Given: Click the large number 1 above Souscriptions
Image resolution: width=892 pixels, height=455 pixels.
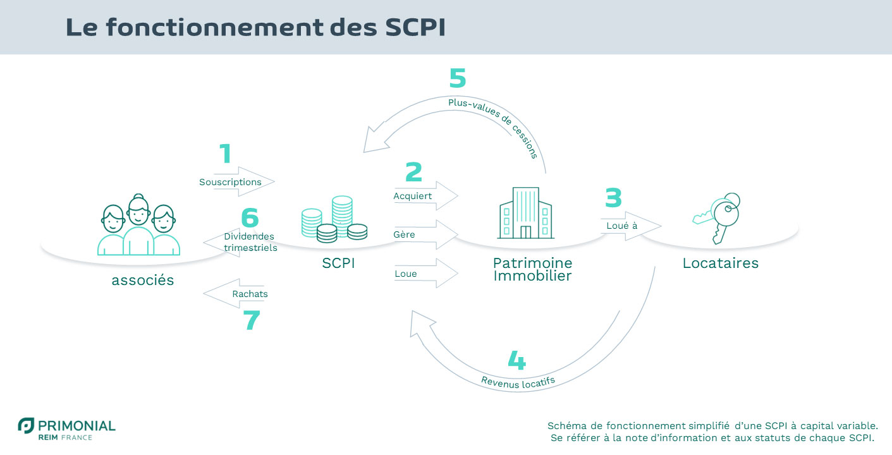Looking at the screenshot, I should [x=225, y=155].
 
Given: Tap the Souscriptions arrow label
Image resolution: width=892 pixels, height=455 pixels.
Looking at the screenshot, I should [x=231, y=182].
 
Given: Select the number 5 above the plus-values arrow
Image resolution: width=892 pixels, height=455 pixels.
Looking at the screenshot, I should [x=457, y=78].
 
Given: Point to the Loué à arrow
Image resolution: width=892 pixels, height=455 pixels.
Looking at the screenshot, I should [x=629, y=226].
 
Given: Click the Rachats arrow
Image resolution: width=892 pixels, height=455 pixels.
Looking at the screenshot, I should [x=235, y=294].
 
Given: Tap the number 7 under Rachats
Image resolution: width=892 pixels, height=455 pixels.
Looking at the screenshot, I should [x=251, y=320].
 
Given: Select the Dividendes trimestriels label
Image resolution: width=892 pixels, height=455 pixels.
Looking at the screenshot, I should [x=250, y=242].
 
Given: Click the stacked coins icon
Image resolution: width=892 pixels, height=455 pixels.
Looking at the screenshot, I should [x=334, y=219].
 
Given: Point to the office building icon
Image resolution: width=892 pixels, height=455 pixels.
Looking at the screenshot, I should [x=525, y=213].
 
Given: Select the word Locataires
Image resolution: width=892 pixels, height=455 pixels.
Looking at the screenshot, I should [x=720, y=263].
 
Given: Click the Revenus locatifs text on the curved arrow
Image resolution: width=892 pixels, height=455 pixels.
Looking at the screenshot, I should [x=518, y=381].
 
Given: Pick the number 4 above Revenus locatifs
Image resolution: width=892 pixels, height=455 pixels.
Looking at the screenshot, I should [x=516, y=360].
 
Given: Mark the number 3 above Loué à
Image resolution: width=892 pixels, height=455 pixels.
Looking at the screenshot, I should [x=613, y=198].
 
